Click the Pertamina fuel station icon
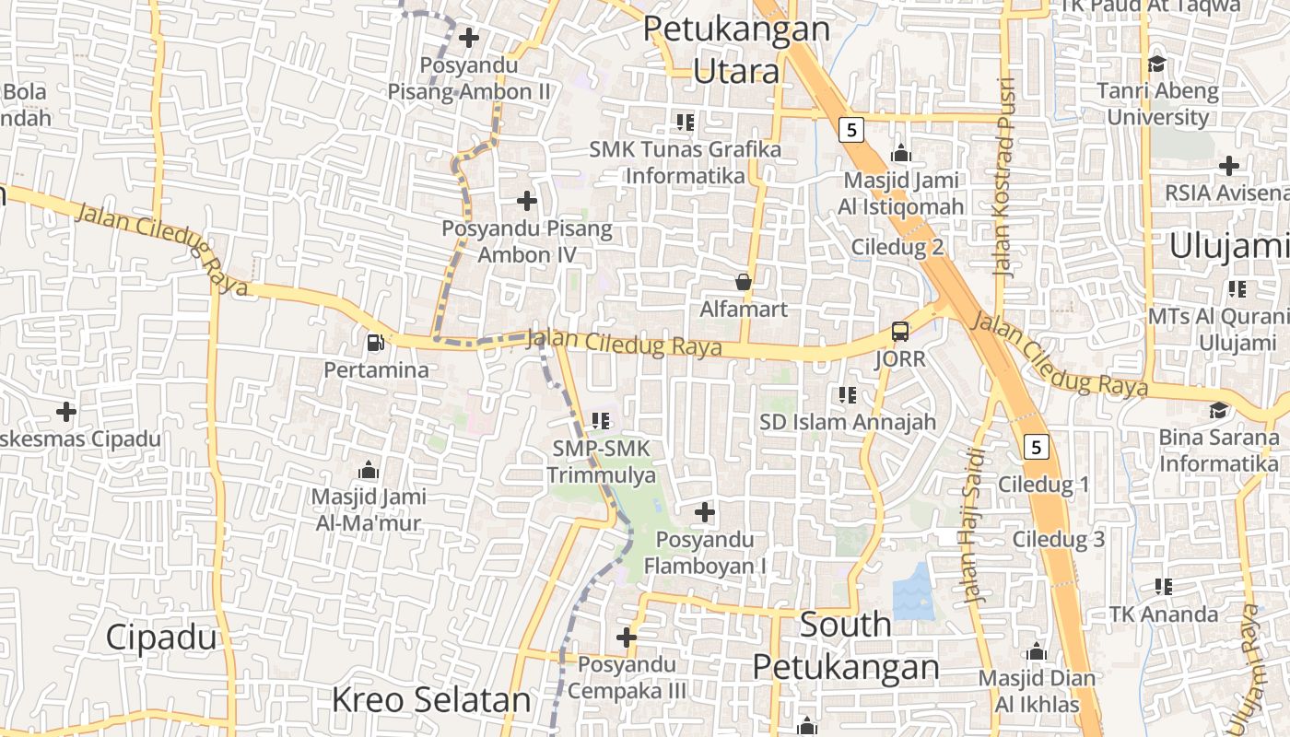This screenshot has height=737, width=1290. click(375, 343)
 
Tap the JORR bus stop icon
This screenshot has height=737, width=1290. click(899, 332)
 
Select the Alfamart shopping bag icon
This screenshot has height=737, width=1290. click(743, 282)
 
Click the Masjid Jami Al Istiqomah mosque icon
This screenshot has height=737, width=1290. click(900, 153)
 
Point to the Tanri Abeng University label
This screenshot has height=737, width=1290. click(1157, 104)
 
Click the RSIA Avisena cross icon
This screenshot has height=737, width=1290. click(1228, 166)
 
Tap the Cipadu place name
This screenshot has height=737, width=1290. click(161, 637)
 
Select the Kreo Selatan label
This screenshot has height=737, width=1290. click(431, 699)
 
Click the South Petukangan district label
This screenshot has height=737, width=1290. click(845, 646)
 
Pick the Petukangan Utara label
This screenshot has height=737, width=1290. click(736, 49)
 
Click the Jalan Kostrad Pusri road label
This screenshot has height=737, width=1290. click(1004, 177)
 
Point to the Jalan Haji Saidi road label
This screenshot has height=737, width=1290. click(975, 525)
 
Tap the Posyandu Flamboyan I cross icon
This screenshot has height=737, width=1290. click(705, 511)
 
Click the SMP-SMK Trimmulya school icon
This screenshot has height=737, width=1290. click(601, 421)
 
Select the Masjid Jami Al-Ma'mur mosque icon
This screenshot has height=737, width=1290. click(369, 471)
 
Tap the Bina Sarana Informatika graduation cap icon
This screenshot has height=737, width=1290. click(1218, 410)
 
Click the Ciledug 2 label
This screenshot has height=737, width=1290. click(897, 247)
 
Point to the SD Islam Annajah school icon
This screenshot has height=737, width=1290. click(847, 395)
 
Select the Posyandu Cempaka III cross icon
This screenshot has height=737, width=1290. click(627, 637)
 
